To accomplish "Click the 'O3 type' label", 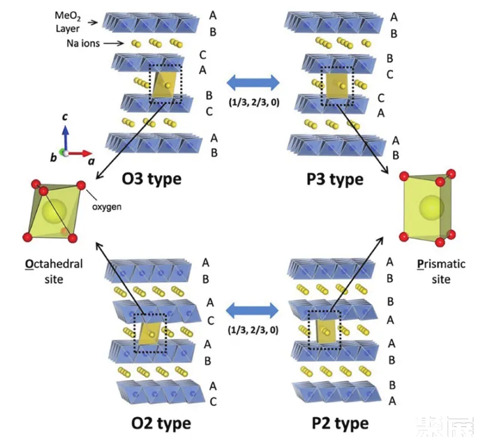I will (x=152, y=179).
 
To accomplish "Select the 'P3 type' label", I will (x=334, y=179).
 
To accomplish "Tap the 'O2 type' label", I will (x=160, y=423).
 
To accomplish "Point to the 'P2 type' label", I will (x=340, y=423).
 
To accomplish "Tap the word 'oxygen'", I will (x=109, y=207).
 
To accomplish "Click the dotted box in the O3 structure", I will (x=165, y=84).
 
